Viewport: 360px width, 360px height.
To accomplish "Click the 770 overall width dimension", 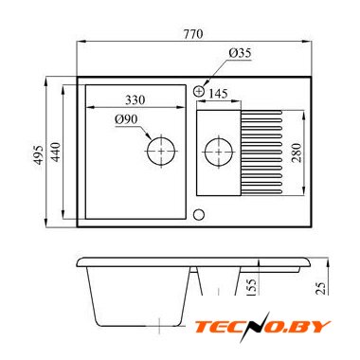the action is (x=193, y=34).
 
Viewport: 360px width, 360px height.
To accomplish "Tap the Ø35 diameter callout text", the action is (x=240, y=53).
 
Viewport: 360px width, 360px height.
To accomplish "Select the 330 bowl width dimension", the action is (x=135, y=100).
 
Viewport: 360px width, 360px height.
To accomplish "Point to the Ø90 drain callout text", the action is (x=126, y=119).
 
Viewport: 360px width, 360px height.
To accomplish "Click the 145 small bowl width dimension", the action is (x=218, y=94).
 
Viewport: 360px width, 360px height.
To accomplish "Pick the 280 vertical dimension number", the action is (x=297, y=153).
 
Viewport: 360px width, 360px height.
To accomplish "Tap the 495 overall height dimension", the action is (x=38, y=154).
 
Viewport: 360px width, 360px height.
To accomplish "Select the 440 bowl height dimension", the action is (x=56, y=152).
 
